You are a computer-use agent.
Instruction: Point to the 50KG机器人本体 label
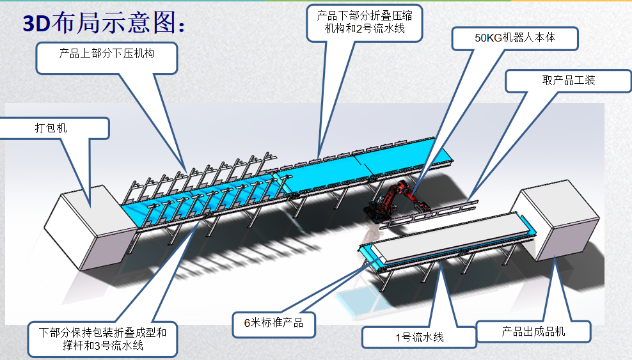(515, 38)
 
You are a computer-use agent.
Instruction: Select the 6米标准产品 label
(273, 323)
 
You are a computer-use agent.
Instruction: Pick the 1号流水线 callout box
(418, 337)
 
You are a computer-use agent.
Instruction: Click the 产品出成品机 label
(533, 331)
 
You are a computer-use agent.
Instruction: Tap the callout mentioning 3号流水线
(102, 340)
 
